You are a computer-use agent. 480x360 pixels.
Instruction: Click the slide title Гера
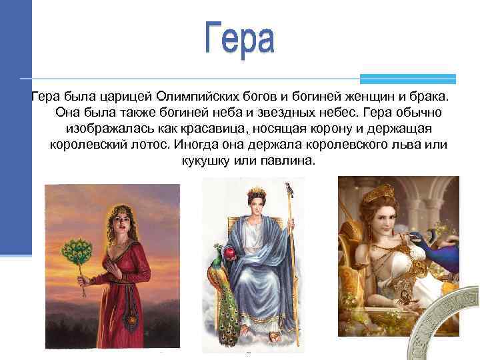(x=239, y=39)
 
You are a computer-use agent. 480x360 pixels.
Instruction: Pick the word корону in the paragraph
(x=337, y=129)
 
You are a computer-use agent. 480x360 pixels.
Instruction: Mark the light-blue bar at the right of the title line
(x=407, y=78)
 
